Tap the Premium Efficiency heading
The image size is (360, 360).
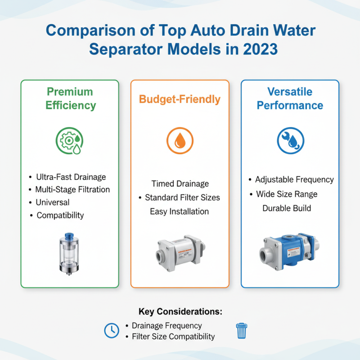(x=70, y=99)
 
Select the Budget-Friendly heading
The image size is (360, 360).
(x=180, y=99)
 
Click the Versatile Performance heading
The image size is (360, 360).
(x=290, y=99)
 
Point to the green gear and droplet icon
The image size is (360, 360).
(x=70, y=140)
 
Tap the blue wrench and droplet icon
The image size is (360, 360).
(x=290, y=140)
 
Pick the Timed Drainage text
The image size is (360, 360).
(x=180, y=184)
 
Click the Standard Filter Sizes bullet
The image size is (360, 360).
(x=182, y=198)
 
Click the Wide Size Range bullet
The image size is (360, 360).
(x=287, y=194)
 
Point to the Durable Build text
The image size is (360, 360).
(x=287, y=209)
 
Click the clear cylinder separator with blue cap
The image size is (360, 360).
(x=70, y=253)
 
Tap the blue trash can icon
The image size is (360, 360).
(x=242, y=331)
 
